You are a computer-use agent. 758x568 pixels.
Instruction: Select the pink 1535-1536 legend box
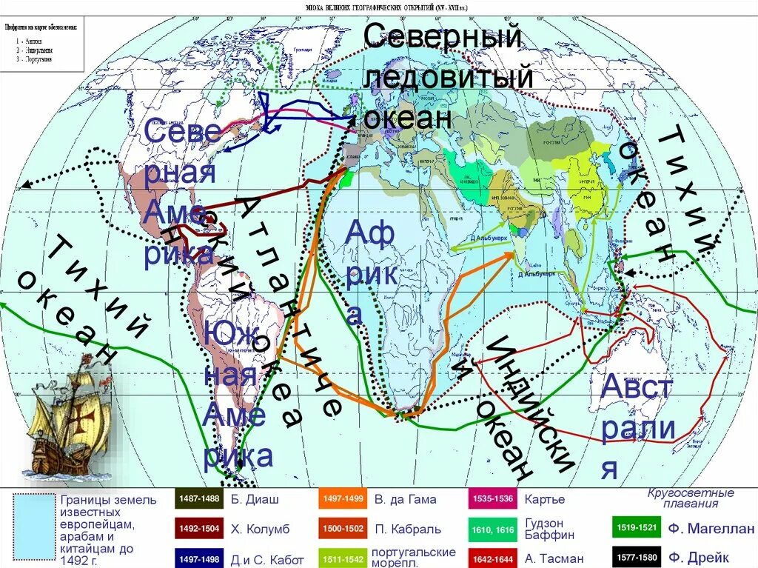(x=492, y=499)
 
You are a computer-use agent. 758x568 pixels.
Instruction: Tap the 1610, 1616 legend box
(x=492, y=529)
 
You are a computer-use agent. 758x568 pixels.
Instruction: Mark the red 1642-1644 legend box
(x=492, y=558)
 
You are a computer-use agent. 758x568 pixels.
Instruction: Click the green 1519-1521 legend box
(x=637, y=528)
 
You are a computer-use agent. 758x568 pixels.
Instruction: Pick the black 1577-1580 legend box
(x=637, y=558)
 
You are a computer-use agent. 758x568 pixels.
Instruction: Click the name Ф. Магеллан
(x=711, y=529)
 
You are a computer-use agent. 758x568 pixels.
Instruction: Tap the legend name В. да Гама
(x=405, y=500)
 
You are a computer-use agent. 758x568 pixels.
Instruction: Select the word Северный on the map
(x=443, y=37)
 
